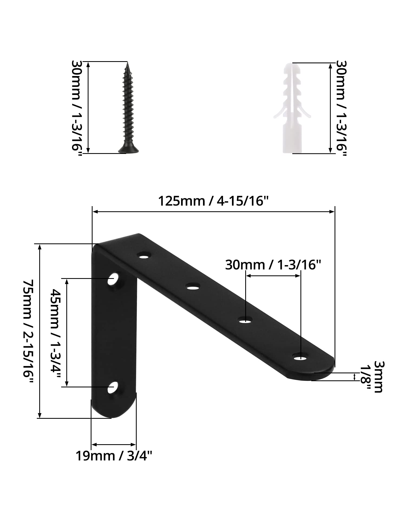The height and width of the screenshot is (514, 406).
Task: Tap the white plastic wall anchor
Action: pyautogui.click(x=292, y=108)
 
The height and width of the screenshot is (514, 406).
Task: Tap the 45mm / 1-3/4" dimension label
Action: pyautogui.click(x=56, y=332)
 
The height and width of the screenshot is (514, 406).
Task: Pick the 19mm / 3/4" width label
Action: pyautogui.click(x=114, y=456)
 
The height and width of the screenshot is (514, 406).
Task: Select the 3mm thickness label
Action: pyautogui.click(x=378, y=377)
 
